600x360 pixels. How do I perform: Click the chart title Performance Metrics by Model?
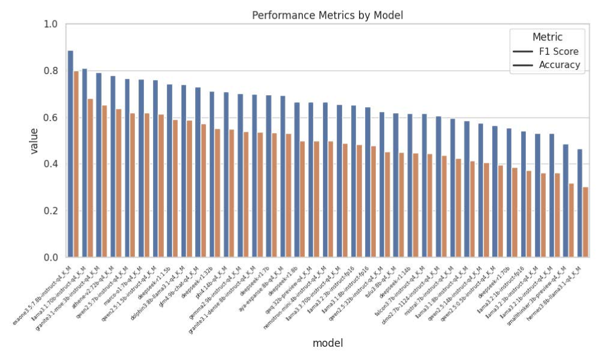[x=327, y=15]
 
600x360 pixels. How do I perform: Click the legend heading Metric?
[x=547, y=37]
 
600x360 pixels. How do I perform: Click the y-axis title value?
[x=34, y=140]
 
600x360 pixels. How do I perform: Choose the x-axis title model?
[x=327, y=343]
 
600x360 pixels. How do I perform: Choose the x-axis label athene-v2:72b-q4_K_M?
[x=96, y=284]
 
